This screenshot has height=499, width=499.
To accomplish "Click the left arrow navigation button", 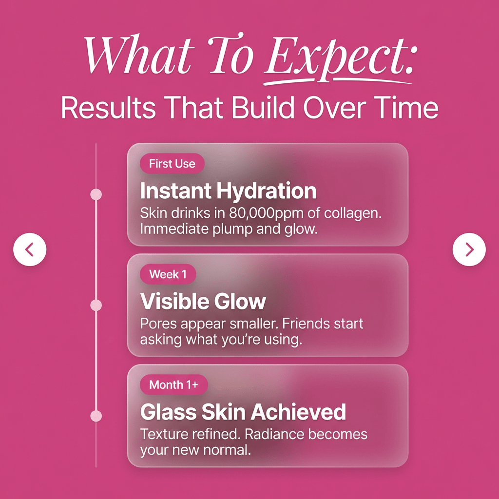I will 30,249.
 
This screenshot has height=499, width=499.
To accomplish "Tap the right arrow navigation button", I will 469,249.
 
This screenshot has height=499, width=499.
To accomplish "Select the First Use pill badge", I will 172,164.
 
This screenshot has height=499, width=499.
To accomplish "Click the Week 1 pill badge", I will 168,274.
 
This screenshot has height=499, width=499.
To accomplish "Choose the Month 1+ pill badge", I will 173,385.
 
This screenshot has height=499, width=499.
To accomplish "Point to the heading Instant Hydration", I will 228,191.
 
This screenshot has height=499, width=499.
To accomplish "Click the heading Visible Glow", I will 203,302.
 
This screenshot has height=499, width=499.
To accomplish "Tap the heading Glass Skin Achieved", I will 243,412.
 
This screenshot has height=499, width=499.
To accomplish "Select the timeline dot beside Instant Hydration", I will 96,194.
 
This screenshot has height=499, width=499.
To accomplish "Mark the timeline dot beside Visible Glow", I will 96,305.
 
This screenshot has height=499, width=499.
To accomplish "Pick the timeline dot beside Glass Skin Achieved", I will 96,416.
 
